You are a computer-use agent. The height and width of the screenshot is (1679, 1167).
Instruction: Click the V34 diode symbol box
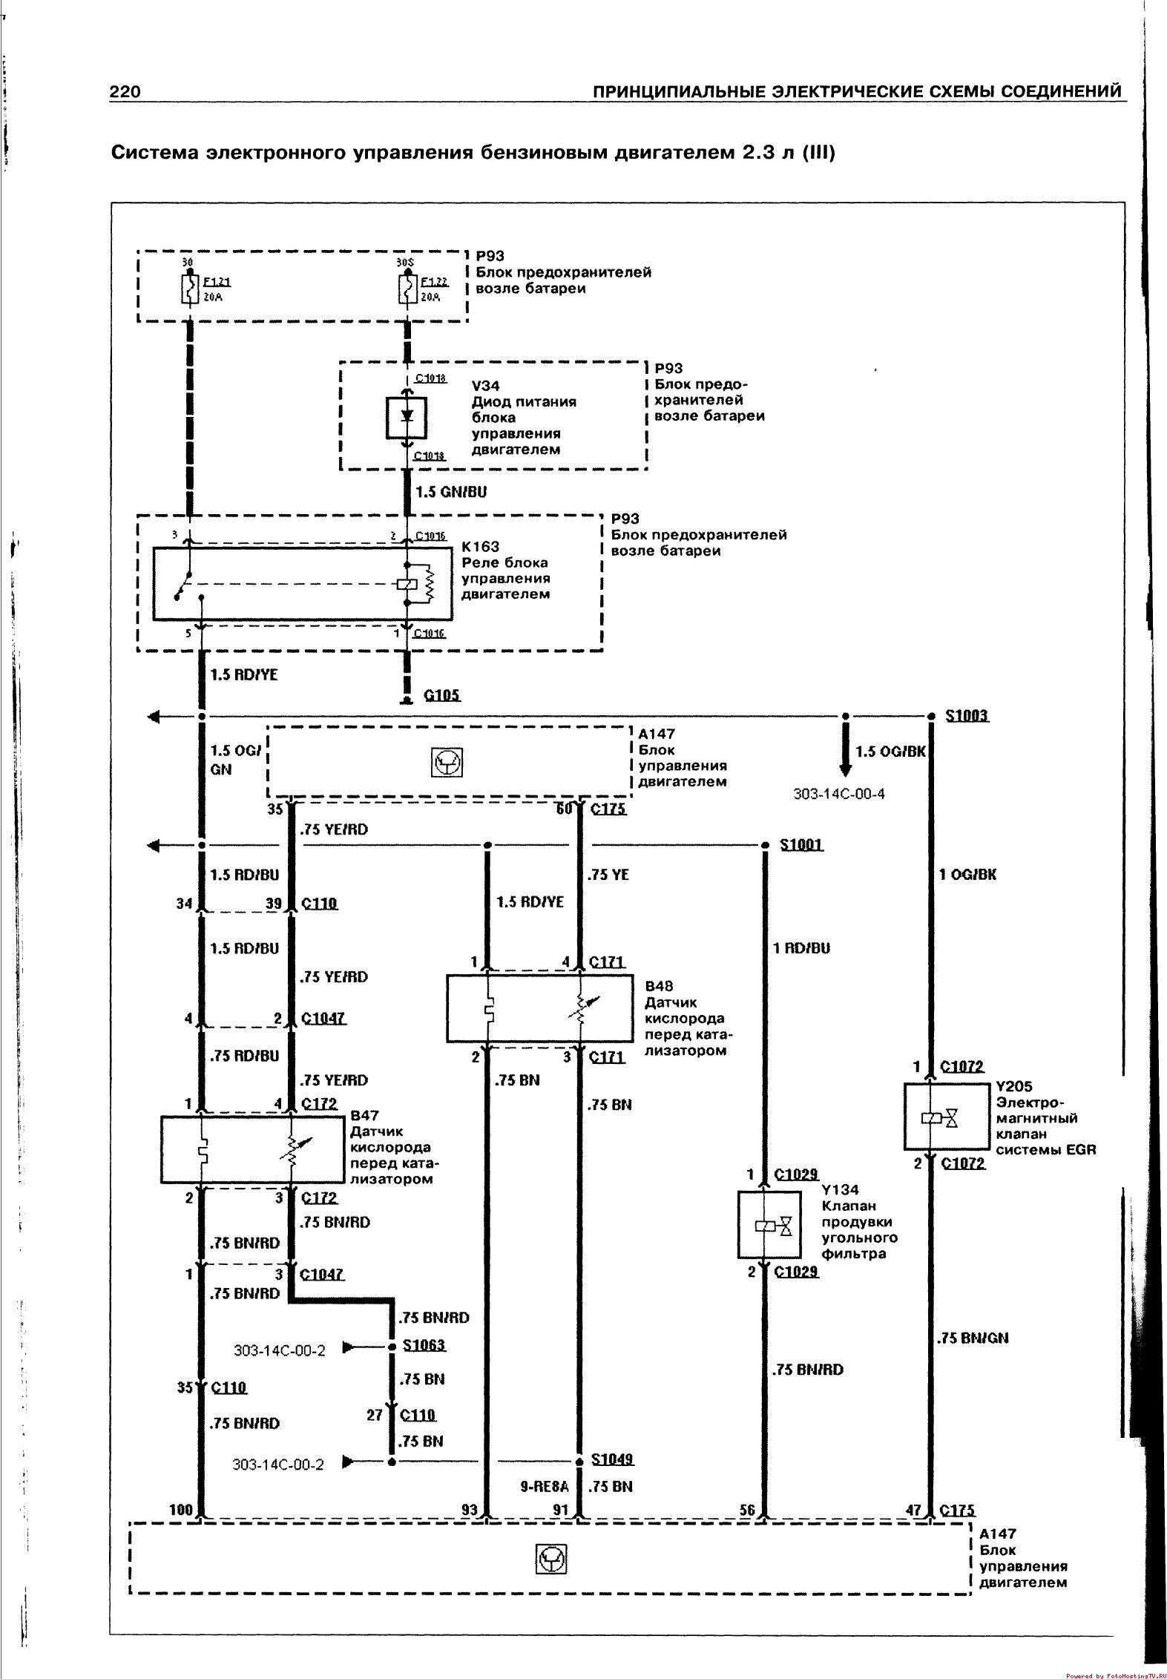tap(407, 417)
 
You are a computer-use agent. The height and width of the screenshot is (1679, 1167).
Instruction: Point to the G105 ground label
tap(441, 695)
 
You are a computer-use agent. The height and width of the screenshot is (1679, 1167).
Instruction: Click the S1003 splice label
tap(967, 716)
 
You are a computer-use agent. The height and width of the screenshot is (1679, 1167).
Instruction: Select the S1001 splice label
tap(802, 844)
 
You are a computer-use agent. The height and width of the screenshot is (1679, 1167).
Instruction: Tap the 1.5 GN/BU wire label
tap(451, 492)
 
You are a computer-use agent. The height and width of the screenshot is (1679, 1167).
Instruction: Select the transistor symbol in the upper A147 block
tap(447, 762)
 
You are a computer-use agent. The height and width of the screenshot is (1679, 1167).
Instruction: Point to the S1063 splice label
tap(424, 1345)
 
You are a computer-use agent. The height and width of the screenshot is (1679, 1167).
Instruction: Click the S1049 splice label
tap(613, 1460)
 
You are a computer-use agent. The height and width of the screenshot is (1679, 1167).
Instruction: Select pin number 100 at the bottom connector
tap(181, 1509)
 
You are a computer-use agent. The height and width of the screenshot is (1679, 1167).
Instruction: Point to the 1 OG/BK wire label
tap(967, 874)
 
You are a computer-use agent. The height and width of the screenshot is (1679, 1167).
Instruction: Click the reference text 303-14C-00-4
tap(839, 794)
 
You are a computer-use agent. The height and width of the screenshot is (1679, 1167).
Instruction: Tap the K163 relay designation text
tap(481, 547)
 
